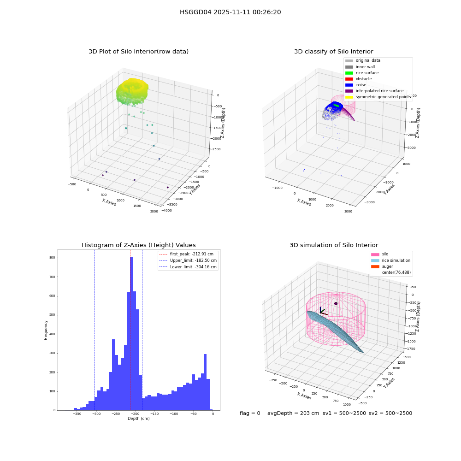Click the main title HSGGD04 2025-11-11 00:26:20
click(230, 12)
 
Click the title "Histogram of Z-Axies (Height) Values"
click(138, 245)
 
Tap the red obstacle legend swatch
click(349, 79)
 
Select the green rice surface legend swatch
click(349, 73)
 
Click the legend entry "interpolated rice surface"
click(379, 91)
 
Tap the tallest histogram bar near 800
click(131, 333)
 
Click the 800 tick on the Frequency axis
click(52, 258)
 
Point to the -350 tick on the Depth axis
click(77, 414)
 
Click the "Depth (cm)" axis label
click(138, 419)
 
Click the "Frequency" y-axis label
click(46, 330)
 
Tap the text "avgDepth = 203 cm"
click(293, 413)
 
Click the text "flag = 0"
click(250, 413)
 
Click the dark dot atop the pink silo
click(336, 303)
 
